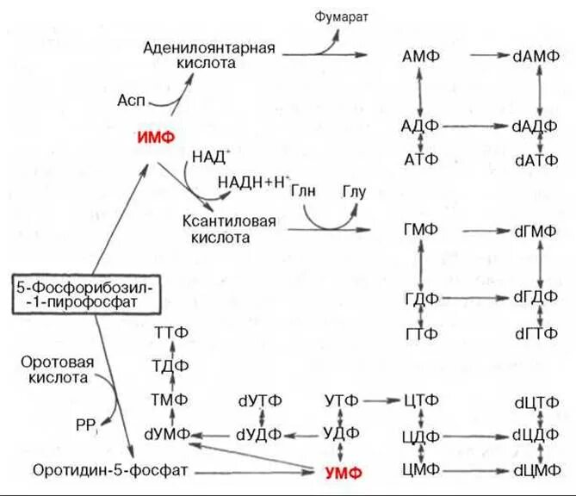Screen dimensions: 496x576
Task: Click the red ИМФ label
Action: point(157,137)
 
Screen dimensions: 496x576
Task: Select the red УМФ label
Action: point(343,472)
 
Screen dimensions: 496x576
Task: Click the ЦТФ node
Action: point(421,400)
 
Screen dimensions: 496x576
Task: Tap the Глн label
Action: point(301,189)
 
